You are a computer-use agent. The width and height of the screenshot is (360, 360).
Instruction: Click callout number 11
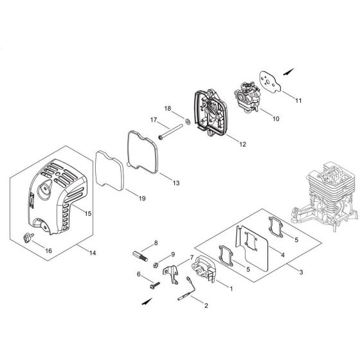coord(298,101)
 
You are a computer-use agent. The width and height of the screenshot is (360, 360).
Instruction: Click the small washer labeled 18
coord(186,121)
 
